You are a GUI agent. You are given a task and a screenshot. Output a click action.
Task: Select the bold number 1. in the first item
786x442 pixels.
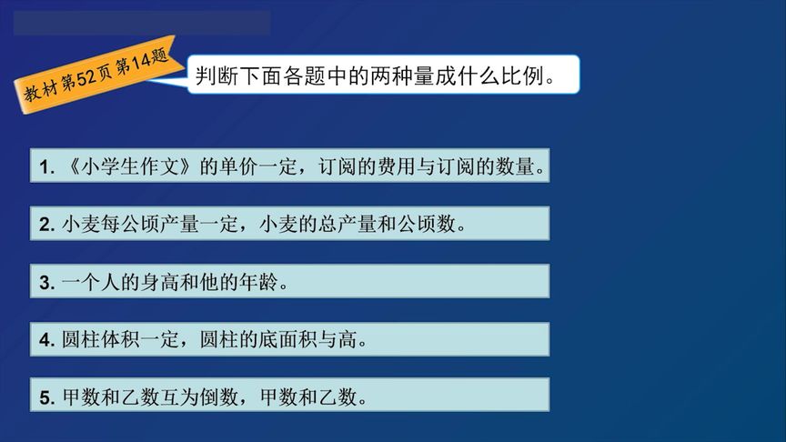click(47, 167)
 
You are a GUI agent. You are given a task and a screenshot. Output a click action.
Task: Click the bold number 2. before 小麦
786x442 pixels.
click(47, 225)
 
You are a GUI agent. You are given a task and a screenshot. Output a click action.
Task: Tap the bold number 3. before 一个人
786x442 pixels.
click(47, 283)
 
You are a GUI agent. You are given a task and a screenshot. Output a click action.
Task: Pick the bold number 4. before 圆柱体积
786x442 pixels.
click(47, 341)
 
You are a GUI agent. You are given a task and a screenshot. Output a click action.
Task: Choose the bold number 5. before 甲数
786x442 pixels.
click(47, 398)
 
